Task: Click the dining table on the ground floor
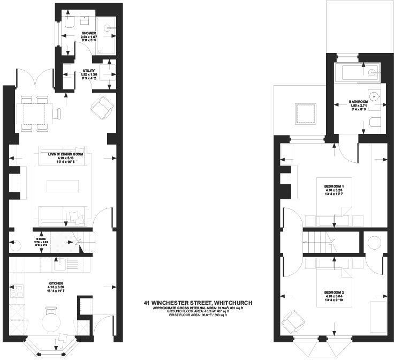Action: [x=38, y=114]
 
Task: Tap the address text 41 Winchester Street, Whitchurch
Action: [x=198, y=303]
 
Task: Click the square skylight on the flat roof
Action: [x=303, y=114]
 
